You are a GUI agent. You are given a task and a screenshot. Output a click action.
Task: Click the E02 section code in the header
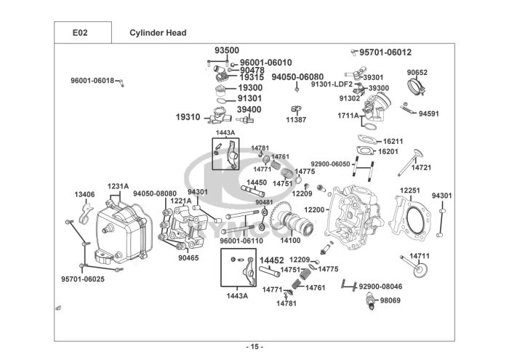pyautogui.click(x=81, y=33)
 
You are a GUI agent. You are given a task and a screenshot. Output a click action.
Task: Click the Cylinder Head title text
pyautogui.click(x=158, y=33)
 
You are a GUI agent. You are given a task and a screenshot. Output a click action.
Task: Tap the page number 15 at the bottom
pyautogui.click(x=254, y=345)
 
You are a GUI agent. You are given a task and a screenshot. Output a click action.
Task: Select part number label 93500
pyautogui.click(x=226, y=50)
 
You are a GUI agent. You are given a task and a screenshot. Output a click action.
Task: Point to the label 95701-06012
pyautogui.click(x=385, y=52)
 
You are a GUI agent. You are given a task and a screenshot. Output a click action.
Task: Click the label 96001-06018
pyautogui.click(x=92, y=80)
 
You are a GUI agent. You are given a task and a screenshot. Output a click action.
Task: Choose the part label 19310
pyautogui.click(x=187, y=116)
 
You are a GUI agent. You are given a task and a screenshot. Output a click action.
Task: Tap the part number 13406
pyautogui.click(x=84, y=194)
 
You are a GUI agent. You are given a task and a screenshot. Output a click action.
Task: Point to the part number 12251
pyautogui.click(x=410, y=190)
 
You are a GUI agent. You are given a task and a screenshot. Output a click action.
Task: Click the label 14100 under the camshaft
pyautogui.click(x=290, y=240)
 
